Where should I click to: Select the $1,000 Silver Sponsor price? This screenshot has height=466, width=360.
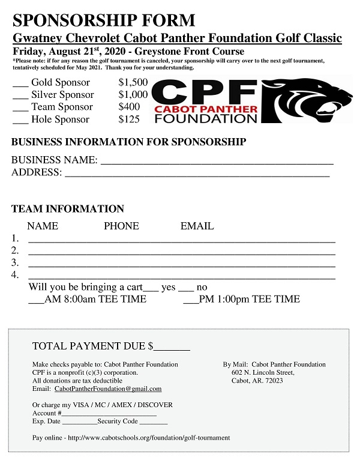coord(133,94)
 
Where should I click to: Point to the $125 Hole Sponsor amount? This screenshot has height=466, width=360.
coord(129,119)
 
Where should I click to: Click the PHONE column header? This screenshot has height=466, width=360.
coord(121,226)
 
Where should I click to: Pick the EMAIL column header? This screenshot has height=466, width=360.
coord(197,226)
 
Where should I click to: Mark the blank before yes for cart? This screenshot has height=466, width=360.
coord(151,289)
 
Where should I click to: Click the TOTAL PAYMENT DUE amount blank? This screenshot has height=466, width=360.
coord(173,348)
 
